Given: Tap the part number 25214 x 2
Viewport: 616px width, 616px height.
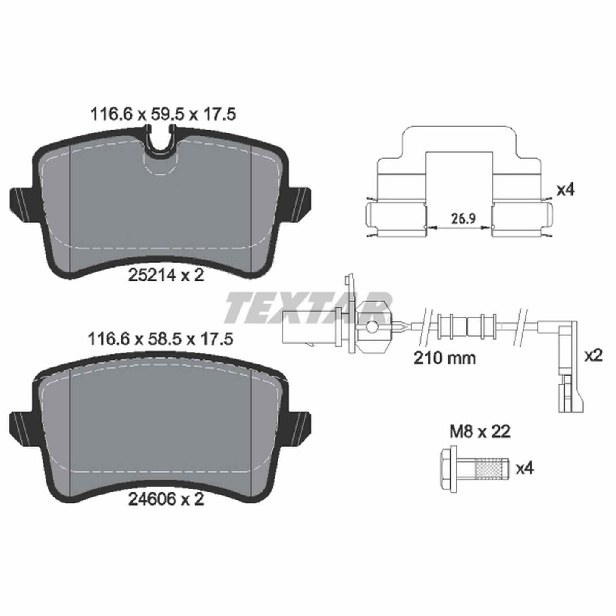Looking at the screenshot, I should (x=166, y=275).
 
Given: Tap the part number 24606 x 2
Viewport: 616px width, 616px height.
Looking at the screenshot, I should (x=166, y=499).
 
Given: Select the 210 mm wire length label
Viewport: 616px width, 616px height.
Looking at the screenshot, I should (x=445, y=358).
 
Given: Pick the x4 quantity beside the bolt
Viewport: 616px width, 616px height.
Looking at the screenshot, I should (x=524, y=469).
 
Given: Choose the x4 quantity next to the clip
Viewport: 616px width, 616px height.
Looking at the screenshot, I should (x=565, y=190).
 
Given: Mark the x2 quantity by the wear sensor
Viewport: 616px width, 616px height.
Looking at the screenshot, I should (x=593, y=356).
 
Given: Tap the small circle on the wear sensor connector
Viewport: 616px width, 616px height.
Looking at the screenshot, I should (x=372, y=327).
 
